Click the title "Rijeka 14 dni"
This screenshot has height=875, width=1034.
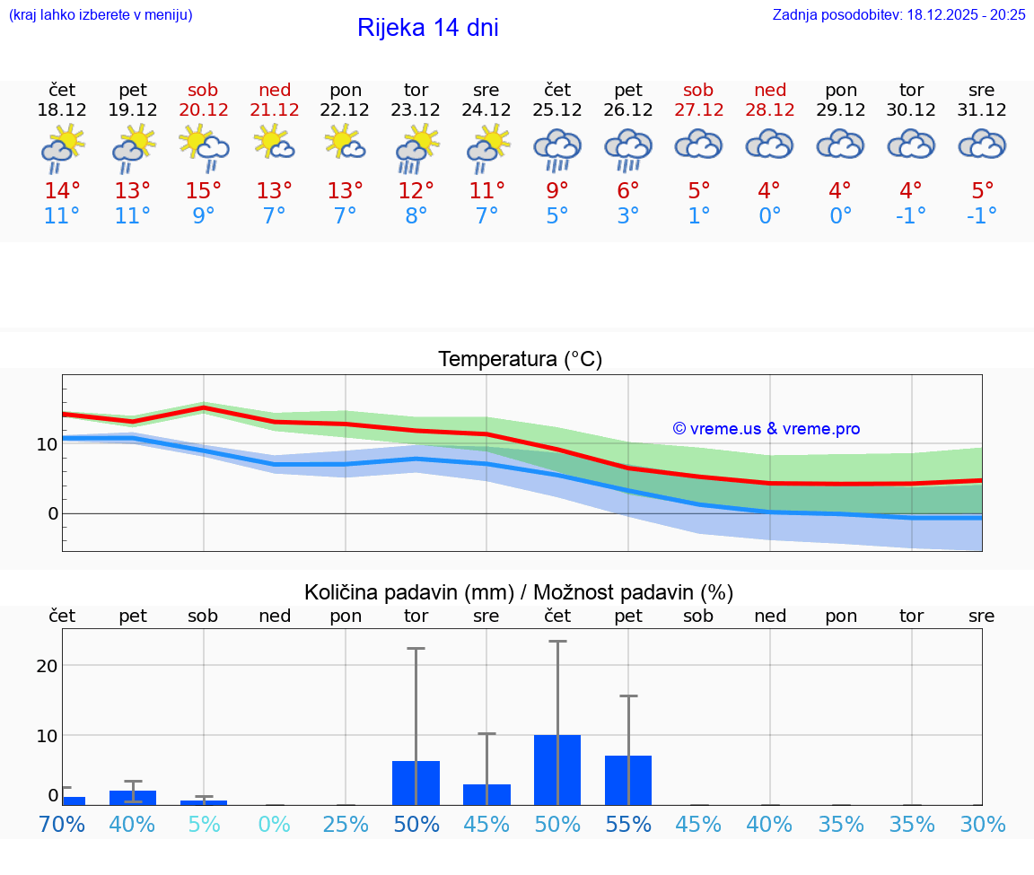[x=427, y=28]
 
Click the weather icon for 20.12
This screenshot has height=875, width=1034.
[x=204, y=145]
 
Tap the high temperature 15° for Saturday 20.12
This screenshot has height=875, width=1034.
[x=204, y=191]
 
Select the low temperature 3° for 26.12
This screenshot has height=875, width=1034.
[x=628, y=216]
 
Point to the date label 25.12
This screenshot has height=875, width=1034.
[x=557, y=109]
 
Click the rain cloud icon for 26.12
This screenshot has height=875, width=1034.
[x=628, y=148]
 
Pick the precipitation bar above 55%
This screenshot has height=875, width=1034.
[x=628, y=780]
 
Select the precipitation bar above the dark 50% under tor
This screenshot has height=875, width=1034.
[x=416, y=783]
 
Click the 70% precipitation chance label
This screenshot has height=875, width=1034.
[x=62, y=824]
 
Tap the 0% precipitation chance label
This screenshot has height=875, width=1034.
[x=275, y=824]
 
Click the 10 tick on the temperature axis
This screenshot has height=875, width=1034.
[x=47, y=443]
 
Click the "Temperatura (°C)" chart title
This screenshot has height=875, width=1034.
[x=520, y=360]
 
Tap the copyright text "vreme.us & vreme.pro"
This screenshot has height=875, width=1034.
[x=767, y=429]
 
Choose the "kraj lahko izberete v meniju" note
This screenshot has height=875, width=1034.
[x=101, y=14]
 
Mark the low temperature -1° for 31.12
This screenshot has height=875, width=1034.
[x=982, y=216]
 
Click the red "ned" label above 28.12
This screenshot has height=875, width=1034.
[x=770, y=90]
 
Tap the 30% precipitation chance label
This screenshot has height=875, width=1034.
[x=982, y=824]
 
